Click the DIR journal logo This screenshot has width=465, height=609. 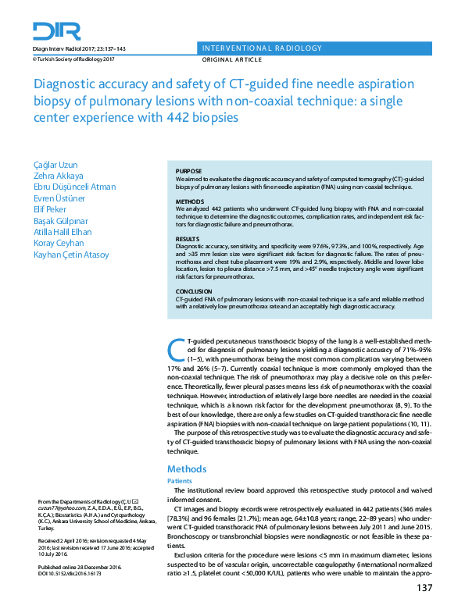tap(57, 30)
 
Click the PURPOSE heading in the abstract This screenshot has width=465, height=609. tap(189, 171)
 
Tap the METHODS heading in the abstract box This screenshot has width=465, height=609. tap(190, 201)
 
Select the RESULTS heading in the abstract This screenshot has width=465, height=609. tap(188, 238)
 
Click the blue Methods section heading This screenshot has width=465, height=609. tap(187, 469)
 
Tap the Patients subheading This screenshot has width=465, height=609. tap(181, 482)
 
